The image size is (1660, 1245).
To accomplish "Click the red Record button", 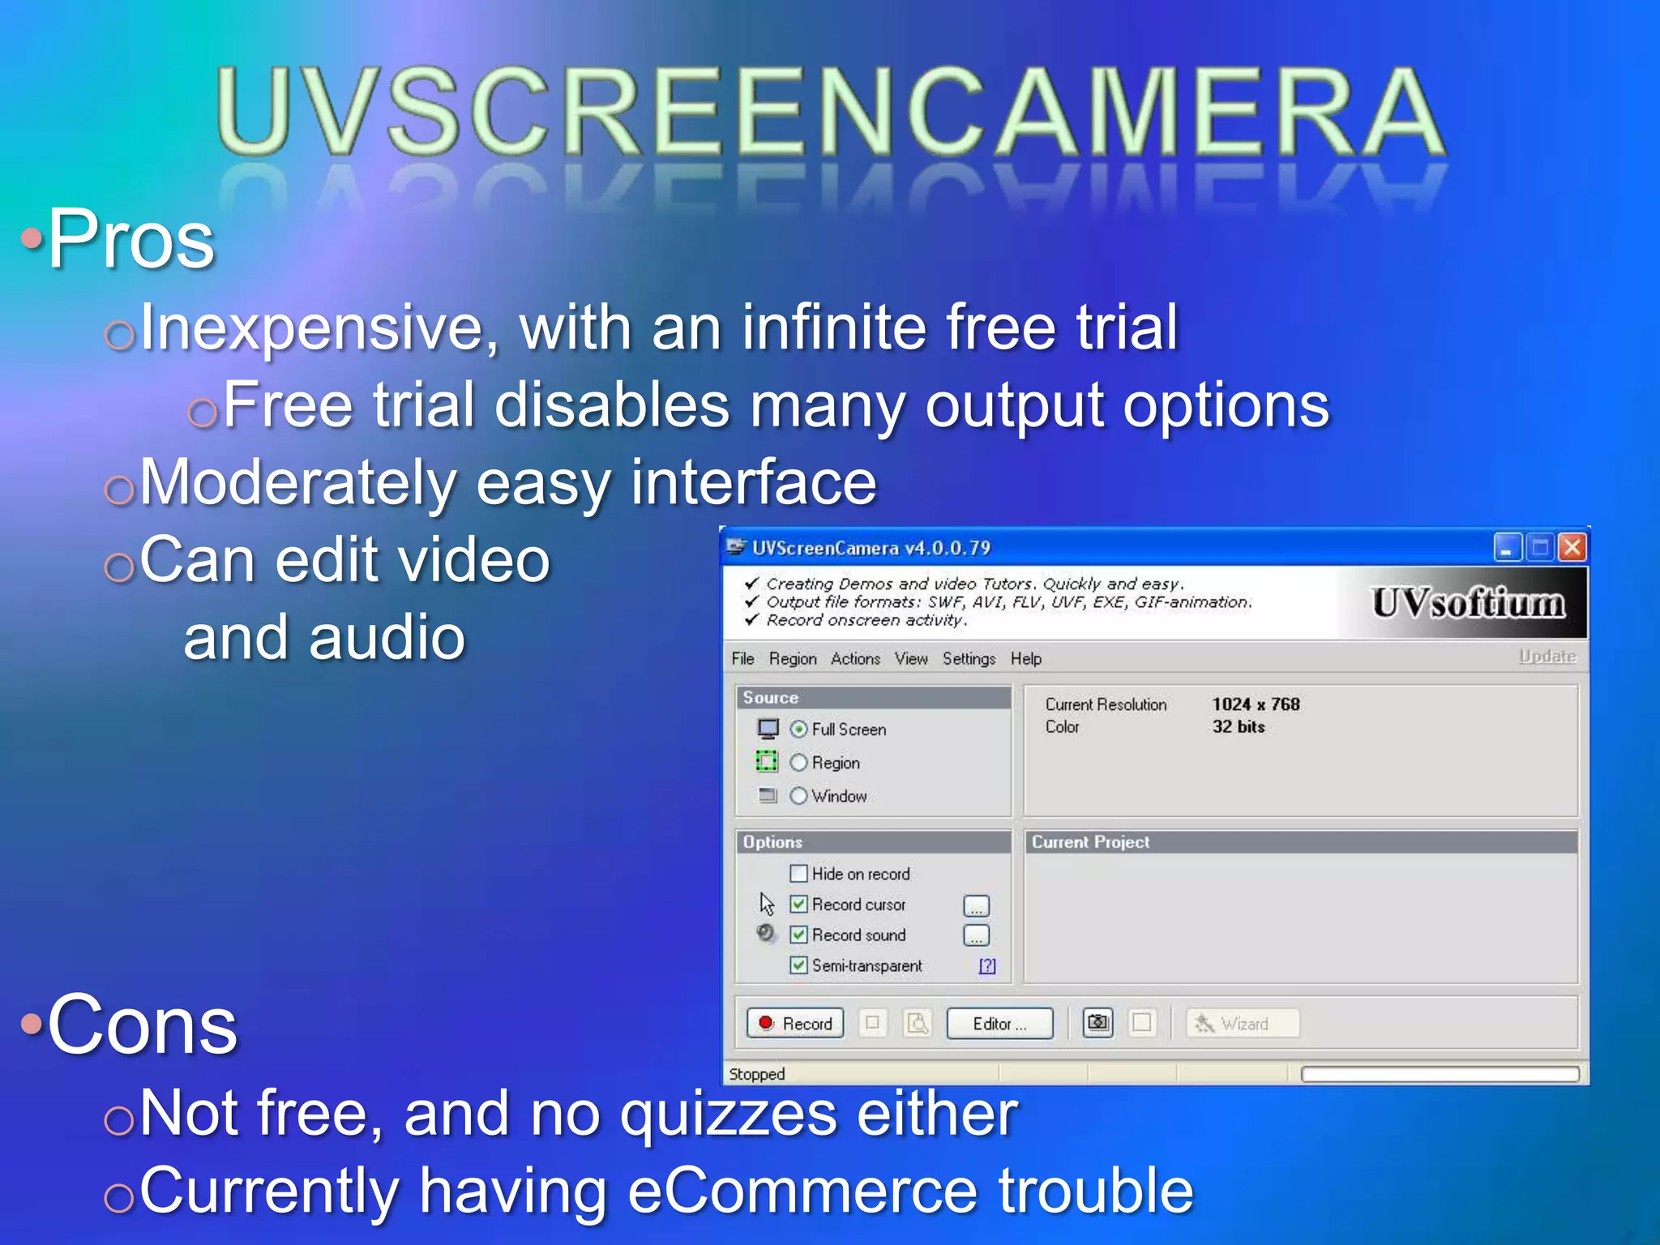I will [794, 1024].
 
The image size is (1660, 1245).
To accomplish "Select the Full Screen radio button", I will [799, 729].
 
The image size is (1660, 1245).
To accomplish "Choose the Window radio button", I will [799, 796].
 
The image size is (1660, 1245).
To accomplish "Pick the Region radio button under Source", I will [799, 763].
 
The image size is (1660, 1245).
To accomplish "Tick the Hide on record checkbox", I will [799, 874].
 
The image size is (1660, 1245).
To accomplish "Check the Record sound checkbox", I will [799, 935].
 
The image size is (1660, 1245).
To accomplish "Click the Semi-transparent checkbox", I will [799, 965].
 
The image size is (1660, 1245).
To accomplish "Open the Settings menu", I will [969, 659].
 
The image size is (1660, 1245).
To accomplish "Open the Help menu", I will [1025, 659].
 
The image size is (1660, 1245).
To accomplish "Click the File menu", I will [742, 659].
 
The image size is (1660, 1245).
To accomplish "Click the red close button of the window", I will [1572, 548].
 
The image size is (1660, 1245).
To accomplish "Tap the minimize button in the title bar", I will [1507, 548].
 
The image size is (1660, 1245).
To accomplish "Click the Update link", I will [1547, 656].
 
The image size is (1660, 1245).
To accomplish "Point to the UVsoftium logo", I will [1468, 604].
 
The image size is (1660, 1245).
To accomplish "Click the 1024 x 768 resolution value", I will [1256, 704].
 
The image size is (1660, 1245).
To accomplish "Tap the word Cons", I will [143, 1026].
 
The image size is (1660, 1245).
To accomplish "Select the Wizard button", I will [1243, 1024].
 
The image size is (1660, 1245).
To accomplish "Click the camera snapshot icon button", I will [1097, 1023].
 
